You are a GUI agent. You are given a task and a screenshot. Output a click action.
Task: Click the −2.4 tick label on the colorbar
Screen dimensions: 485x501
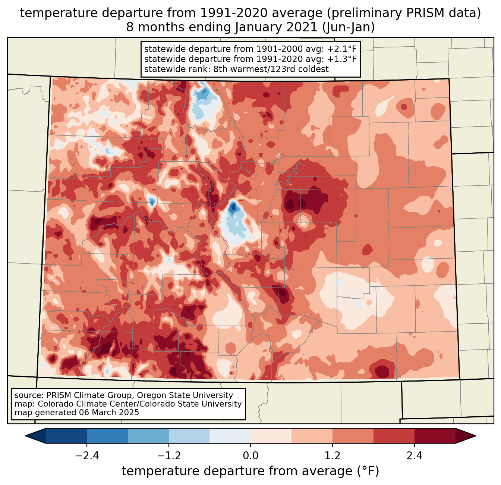click(x=87, y=456)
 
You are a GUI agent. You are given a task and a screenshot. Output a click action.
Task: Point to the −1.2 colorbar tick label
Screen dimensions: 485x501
click(x=168, y=456)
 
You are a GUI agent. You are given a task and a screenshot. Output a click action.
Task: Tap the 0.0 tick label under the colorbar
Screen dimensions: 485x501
click(x=250, y=456)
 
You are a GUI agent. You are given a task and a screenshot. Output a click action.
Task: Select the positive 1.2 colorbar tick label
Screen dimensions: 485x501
click(x=333, y=456)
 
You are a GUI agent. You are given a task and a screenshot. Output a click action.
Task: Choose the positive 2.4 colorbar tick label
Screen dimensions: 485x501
click(x=415, y=456)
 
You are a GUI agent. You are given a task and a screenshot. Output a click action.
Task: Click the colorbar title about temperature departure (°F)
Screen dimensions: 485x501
click(x=250, y=471)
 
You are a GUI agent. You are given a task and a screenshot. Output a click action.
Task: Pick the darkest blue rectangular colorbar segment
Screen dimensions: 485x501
click(x=66, y=436)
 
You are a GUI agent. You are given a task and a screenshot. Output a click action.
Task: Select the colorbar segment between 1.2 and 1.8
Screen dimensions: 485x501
click(x=353, y=436)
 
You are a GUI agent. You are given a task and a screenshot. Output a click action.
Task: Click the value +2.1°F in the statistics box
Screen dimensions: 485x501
click(x=343, y=49)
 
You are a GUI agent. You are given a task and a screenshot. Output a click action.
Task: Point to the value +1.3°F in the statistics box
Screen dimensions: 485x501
click(x=343, y=59)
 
